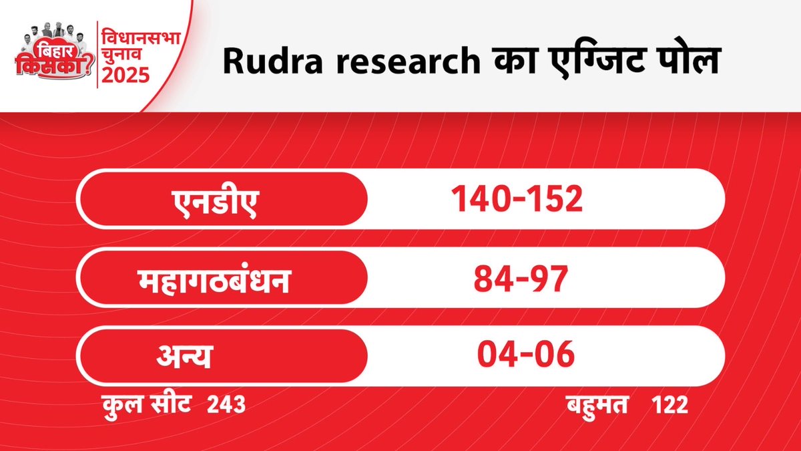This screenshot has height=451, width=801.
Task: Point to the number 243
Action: click(x=221, y=405)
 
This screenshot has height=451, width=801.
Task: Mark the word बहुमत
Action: click(x=595, y=405)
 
